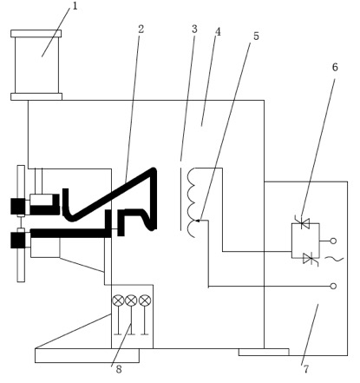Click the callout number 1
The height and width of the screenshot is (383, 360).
coord(75,6)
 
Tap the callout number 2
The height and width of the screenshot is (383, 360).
coord(141,29)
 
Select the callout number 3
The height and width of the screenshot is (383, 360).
coord(194,29)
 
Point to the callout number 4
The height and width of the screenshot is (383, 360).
coord(218,32)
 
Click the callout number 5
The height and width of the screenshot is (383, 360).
coord(256,36)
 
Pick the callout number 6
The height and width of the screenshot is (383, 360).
coord(335,67)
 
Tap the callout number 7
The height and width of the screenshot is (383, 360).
coord(306,369)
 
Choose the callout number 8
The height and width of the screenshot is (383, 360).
coord(119,369)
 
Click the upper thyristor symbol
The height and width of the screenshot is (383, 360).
coord(302,223)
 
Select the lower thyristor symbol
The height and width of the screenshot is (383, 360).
coord(311,259)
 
